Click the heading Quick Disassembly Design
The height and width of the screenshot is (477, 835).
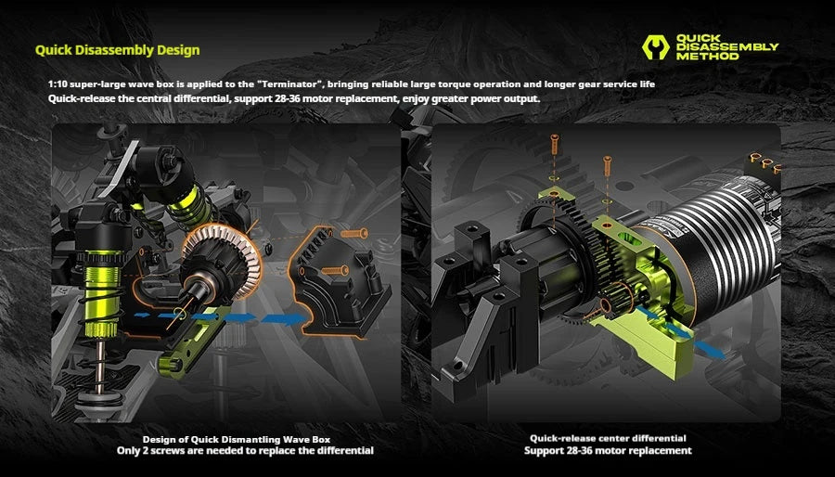tap(117, 50)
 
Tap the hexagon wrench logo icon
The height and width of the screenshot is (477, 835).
tap(656, 47)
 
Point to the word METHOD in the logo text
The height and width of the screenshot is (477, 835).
tap(707, 56)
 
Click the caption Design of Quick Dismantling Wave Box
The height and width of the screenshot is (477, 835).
tap(237, 440)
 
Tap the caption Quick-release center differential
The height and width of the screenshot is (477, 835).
tap(608, 439)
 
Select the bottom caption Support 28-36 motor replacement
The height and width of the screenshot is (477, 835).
tap(608, 451)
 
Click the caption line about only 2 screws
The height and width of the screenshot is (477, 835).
tap(245, 451)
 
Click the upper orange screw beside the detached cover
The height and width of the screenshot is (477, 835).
tap(354, 234)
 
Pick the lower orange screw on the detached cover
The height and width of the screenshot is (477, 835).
tap(335, 271)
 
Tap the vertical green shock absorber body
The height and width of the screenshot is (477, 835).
tap(102, 294)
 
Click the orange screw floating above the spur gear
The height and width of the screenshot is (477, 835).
tap(555, 145)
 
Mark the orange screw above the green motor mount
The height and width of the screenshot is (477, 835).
tap(607, 166)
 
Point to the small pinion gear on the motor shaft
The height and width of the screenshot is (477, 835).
tap(618, 298)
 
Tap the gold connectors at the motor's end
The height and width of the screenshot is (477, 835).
tap(765, 161)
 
